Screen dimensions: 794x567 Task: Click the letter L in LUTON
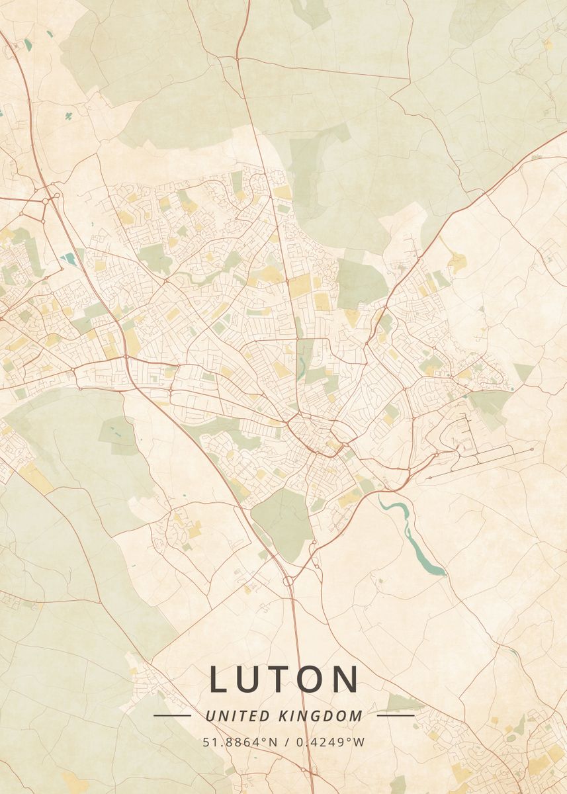pos(220,679)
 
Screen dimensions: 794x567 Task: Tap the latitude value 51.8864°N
pos(240,742)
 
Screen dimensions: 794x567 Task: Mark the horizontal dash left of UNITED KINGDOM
pos(172,715)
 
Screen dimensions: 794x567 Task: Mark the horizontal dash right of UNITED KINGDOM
pos(395,715)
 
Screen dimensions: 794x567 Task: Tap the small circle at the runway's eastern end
pos(532,450)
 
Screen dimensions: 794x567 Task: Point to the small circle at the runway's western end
pos(429,477)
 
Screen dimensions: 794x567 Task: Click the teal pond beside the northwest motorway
pos(68,258)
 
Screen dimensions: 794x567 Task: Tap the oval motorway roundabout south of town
pos(288,581)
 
